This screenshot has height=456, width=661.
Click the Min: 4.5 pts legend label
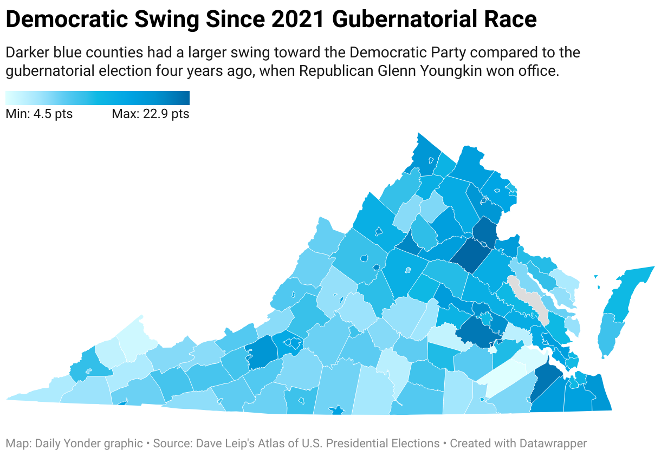(39, 114)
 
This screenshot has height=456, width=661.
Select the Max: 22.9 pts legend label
(150, 114)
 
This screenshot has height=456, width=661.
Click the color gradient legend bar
(98, 97)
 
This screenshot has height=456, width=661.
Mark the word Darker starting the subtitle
(24, 53)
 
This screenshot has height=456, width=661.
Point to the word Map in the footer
(16, 444)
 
